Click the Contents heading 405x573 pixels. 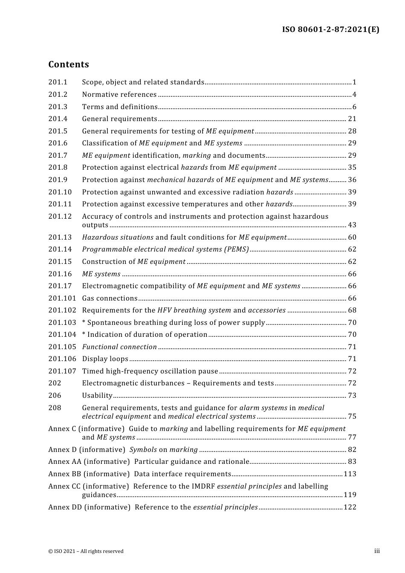69,64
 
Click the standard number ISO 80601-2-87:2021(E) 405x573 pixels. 330,29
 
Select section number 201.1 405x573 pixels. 58,82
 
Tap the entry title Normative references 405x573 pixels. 119,95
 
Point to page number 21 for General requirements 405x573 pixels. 352,119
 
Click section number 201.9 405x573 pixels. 58,180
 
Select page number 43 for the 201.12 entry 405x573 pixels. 352,225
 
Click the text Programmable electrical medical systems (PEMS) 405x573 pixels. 165,249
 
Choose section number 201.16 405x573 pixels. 60,274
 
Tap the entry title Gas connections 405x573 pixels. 110,298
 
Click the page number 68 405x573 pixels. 352,310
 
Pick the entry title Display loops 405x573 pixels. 105,359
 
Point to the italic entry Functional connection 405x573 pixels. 119,347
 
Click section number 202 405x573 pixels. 55,383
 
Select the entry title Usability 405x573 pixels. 97,396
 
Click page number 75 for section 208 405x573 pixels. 352,417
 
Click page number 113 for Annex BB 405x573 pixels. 350,474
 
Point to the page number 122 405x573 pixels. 350,507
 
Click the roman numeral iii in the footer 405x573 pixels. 377,551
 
